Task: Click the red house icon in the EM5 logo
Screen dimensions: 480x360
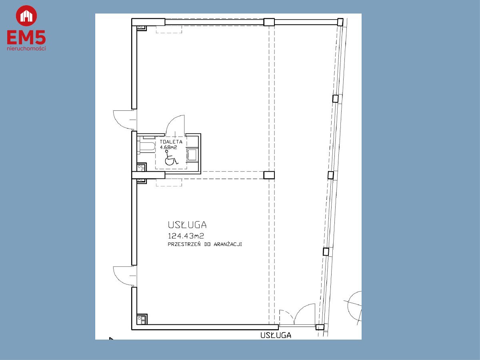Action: coord(26,16)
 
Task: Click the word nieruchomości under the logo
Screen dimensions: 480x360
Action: coord(26,48)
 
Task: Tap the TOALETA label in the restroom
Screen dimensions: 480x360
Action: coord(171,142)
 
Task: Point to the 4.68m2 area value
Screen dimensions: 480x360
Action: coord(168,147)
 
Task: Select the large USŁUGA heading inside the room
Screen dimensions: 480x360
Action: coord(187,225)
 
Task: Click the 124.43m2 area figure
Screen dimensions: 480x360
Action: coord(186,236)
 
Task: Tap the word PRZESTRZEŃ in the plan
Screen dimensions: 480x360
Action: coord(184,244)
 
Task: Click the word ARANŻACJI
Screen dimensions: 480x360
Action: coord(228,244)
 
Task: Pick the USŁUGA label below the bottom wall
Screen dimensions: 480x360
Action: coord(276,335)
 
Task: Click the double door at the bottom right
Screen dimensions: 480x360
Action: coord(298,315)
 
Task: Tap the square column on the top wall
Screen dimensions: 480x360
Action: coord(269,22)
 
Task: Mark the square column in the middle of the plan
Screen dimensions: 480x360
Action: coord(269,175)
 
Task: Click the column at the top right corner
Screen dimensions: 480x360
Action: coord(340,22)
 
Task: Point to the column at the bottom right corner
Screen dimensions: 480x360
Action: coord(320,327)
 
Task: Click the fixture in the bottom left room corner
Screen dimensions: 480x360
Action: coord(142,320)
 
